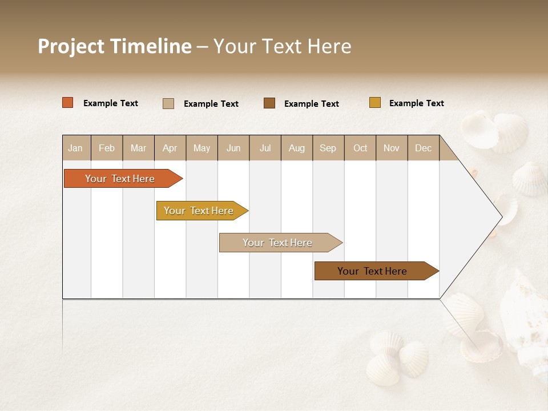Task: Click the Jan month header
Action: tap(75, 148)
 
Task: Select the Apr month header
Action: tap(170, 148)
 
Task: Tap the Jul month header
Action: tap(265, 148)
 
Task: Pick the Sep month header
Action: tap(328, 148)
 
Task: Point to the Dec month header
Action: tap(423, 148)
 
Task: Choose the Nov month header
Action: tap(391, 148)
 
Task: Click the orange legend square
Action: tap(68, 103)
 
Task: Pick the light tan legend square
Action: tap(168, 103)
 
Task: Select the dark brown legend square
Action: tap(269, 103)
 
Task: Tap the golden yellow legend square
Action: tap(374, 103)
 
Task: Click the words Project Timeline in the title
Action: tap(114, 46)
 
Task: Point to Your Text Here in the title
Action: tap(282, 46)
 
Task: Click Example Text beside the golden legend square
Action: tap(416, 103)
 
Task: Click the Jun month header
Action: tap(233, 148)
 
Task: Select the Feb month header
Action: tap(107, 148)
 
